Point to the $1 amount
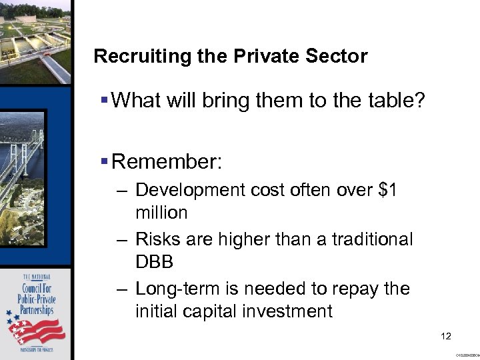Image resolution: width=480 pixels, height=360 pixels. coord(388,191)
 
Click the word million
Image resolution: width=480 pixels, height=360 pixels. coord(161,213)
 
